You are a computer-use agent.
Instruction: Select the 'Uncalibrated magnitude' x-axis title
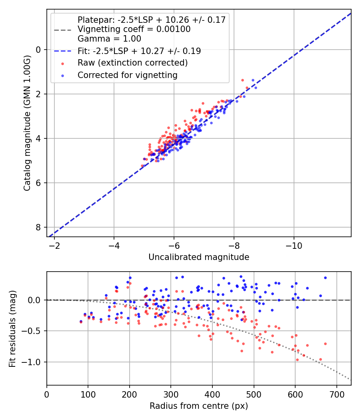click(x=199, y=257)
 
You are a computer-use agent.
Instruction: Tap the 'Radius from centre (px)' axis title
click(x=199, y=406)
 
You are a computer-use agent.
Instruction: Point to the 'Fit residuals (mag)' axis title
click(x=12, y=328)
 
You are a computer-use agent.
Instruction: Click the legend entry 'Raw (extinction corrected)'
click(x=132, y=63)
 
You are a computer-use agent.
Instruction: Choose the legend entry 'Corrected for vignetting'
click(x=127, y=75)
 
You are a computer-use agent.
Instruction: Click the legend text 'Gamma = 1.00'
click(x=109, y=39)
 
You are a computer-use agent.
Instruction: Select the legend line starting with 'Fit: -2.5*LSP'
click(x=139, y=51)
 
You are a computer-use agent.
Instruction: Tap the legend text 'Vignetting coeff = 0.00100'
click(x=134, y=30)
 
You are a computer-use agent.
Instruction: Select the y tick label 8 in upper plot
click(x=39, y=227)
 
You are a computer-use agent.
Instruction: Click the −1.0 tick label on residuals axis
click(x=33, y=362)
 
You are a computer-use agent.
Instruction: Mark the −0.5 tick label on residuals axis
click(x=33, y=331)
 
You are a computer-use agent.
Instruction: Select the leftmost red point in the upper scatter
click(x=142, y=166)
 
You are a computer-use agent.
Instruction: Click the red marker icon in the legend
click(x=62, y=63)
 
